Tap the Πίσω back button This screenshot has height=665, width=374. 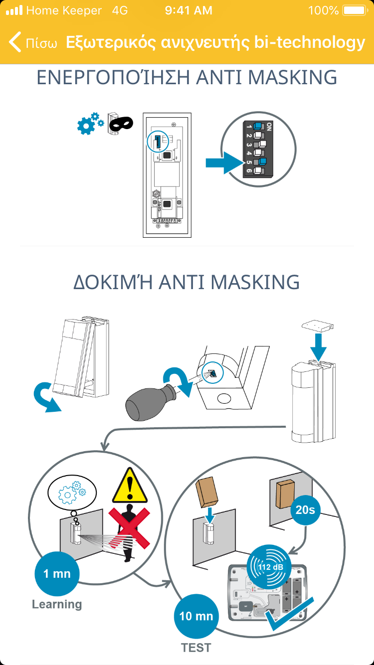[x=33, y=42]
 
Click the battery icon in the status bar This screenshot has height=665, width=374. [x=355, y=10]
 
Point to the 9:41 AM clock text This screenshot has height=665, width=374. [x=188, y=10]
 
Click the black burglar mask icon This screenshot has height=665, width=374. [x=121, y=124]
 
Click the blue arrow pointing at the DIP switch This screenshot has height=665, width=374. [x=225, y=163]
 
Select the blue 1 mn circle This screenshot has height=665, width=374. [x=57, y=574]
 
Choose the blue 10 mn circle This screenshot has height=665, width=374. [x=196, y=616]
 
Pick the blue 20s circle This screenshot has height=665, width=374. [x=305, y=510]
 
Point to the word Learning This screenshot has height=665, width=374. [x=57, y=605]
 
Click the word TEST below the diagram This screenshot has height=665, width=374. [x=196, y=648]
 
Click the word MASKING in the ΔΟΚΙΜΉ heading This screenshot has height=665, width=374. [x=255, y=282]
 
